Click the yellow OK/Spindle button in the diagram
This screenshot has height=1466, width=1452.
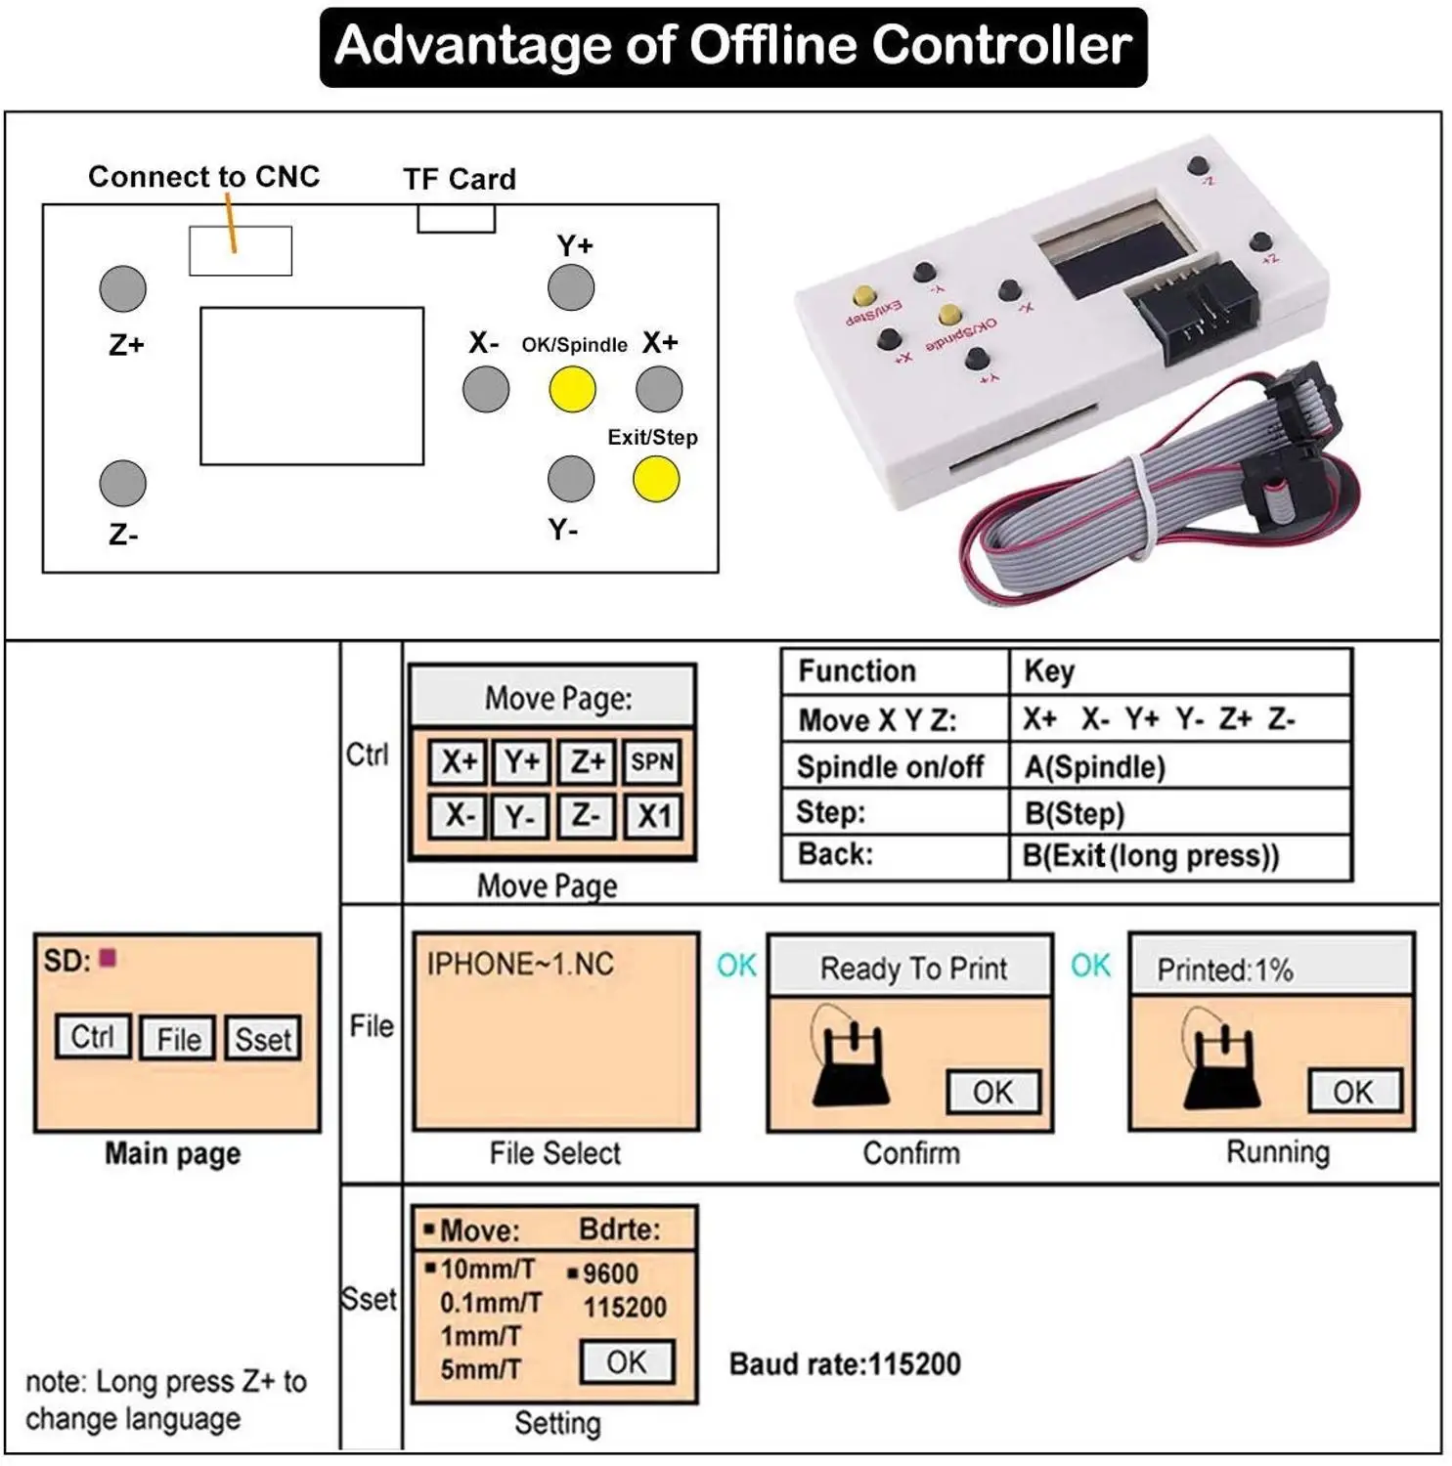(x=572, y=390)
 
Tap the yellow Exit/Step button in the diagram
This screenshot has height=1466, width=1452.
(x=655, y=479)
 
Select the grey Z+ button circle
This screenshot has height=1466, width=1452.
(x=123, y=289)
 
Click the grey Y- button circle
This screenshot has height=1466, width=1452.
(x=571, y=479)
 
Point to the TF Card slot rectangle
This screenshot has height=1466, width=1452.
(x=456, y=219)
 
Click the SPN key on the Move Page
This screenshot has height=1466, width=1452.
(x=652, y=761)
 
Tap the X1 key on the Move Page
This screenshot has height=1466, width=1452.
(x=653, y=816)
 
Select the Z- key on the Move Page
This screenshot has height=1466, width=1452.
(x=586, y=816)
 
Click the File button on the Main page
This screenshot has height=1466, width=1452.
(x=178, y=1039)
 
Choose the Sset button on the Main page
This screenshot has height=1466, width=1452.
(x=263, y=1039)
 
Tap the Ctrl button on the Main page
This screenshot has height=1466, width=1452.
(x=93, y=1037)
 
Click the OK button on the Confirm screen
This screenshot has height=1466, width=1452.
(x=992, y=1092)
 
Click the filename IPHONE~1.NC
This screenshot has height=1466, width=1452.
(x=520, y=965)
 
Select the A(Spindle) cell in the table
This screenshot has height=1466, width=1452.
(x=1094, y=767)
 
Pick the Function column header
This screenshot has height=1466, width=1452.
(x=857, y=671)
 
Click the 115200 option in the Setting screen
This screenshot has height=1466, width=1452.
(x=624, y=1308)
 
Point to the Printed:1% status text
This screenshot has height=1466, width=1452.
(x=1224, y=970)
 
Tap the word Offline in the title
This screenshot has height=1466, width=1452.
(x=770, y=45)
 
